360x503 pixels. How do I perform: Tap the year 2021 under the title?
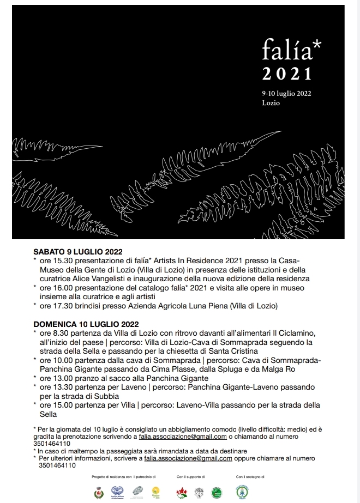click(286, 74)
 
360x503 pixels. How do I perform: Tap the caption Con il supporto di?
click(190, 477)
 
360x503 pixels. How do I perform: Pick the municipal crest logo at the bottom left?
click(99, 492)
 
